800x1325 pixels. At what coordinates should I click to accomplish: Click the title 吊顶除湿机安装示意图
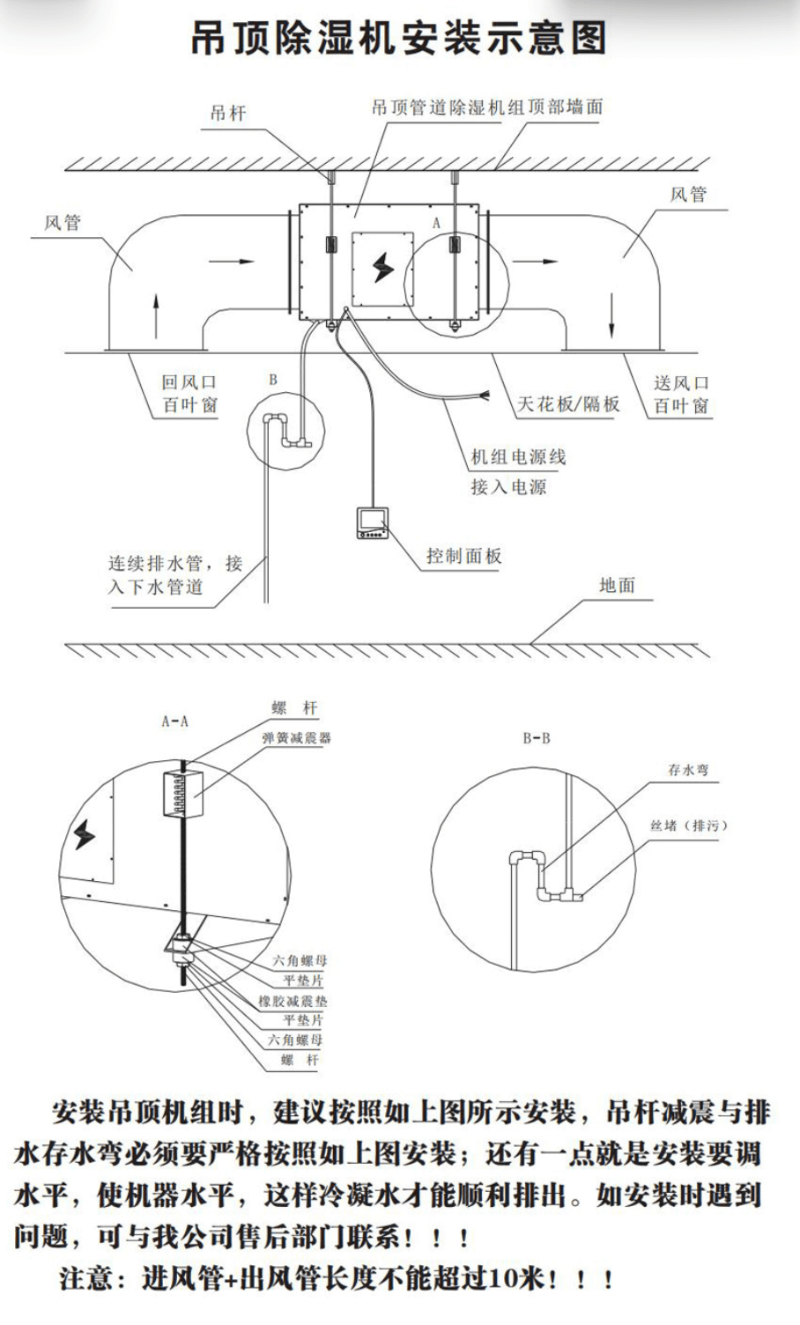coord(399,39)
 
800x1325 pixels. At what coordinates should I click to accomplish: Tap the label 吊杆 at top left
coord(228,114)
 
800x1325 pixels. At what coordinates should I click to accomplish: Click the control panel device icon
coord(373,523)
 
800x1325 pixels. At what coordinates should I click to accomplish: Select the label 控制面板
coord(464,556)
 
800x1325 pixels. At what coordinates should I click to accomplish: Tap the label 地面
coord(617,585)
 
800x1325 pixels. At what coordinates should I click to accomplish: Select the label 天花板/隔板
coord(568,404)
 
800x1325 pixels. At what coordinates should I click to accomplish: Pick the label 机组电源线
coord(518,457)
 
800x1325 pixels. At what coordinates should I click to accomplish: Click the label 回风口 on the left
coord(189,382)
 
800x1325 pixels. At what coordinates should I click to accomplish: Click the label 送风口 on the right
coord(681,383)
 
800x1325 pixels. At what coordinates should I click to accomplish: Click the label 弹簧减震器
coord(296,738)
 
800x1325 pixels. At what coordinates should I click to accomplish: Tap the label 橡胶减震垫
coord(293,1002)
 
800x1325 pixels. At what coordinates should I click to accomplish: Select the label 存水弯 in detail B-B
coord(688,770)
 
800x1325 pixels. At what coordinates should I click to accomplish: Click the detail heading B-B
coord(537,738)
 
